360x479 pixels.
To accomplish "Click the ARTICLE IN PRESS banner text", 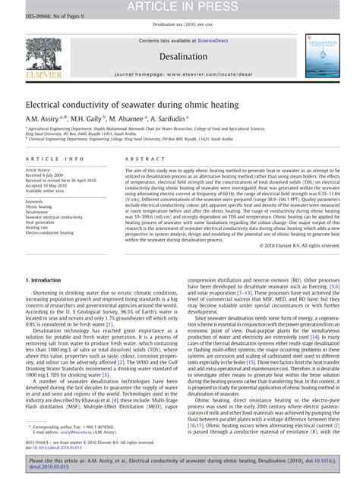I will [179, 7].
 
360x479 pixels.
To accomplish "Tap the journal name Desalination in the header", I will [179, 56].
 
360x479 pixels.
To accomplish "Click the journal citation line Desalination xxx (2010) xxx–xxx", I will [179, 24].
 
